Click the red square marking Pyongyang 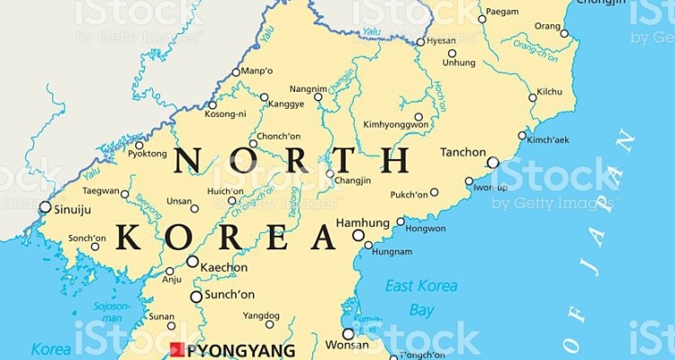(175, 349)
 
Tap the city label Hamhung (362, 222)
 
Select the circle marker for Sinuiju (45, 207)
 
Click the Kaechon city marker (193, 262)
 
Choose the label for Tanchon (463, 153)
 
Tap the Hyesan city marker (420, 42)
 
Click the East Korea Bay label (421, 297)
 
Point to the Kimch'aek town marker (523, 136)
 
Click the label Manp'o (256, 70)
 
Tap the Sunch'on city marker (196, 296)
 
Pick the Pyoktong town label (148, 155)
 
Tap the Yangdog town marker (269, 324)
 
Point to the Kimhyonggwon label (395, 124)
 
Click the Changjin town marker (330, 174)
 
